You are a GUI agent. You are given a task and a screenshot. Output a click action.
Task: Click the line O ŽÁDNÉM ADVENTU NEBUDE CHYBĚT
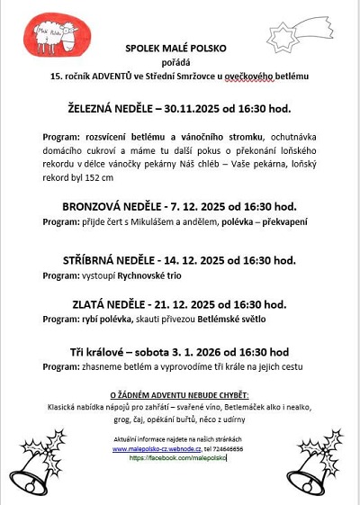(178, 395)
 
